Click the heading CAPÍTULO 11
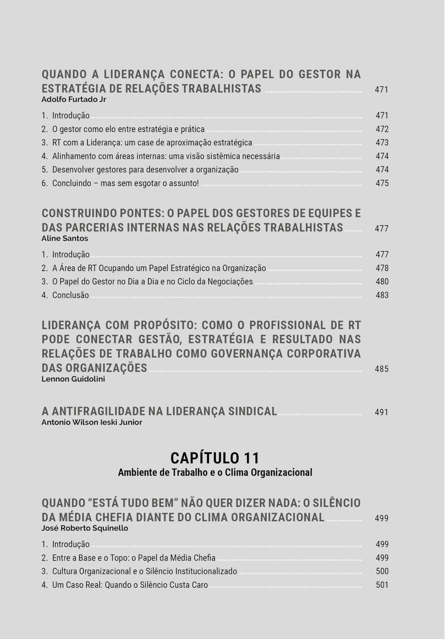(x=215, y=458)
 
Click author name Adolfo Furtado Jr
(x=74, y=100)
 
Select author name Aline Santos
(x=65, y=239)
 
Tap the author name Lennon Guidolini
(x=73, y=379)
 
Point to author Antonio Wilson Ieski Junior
(x=92, y=423)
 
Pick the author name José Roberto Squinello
(x=85, y=528)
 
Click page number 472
(x=382, y=130)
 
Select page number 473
(x=382, y=143)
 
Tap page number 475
(x=382, y=184)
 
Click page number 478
(x=382, y=269)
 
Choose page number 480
(x=382, y=282)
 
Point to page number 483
(x=382, y=295)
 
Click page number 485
(x=382, y=369)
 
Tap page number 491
(x=382, y=413)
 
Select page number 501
(x=382, y=585)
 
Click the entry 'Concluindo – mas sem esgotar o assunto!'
(x=125, y=184)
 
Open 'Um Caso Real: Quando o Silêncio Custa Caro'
(x=130, y=585)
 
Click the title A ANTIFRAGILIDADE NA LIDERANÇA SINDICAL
(x=159, y=412)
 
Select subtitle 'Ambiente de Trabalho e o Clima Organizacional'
(x=215, y=473)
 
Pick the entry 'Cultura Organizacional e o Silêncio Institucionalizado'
(x=144, y=572)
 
